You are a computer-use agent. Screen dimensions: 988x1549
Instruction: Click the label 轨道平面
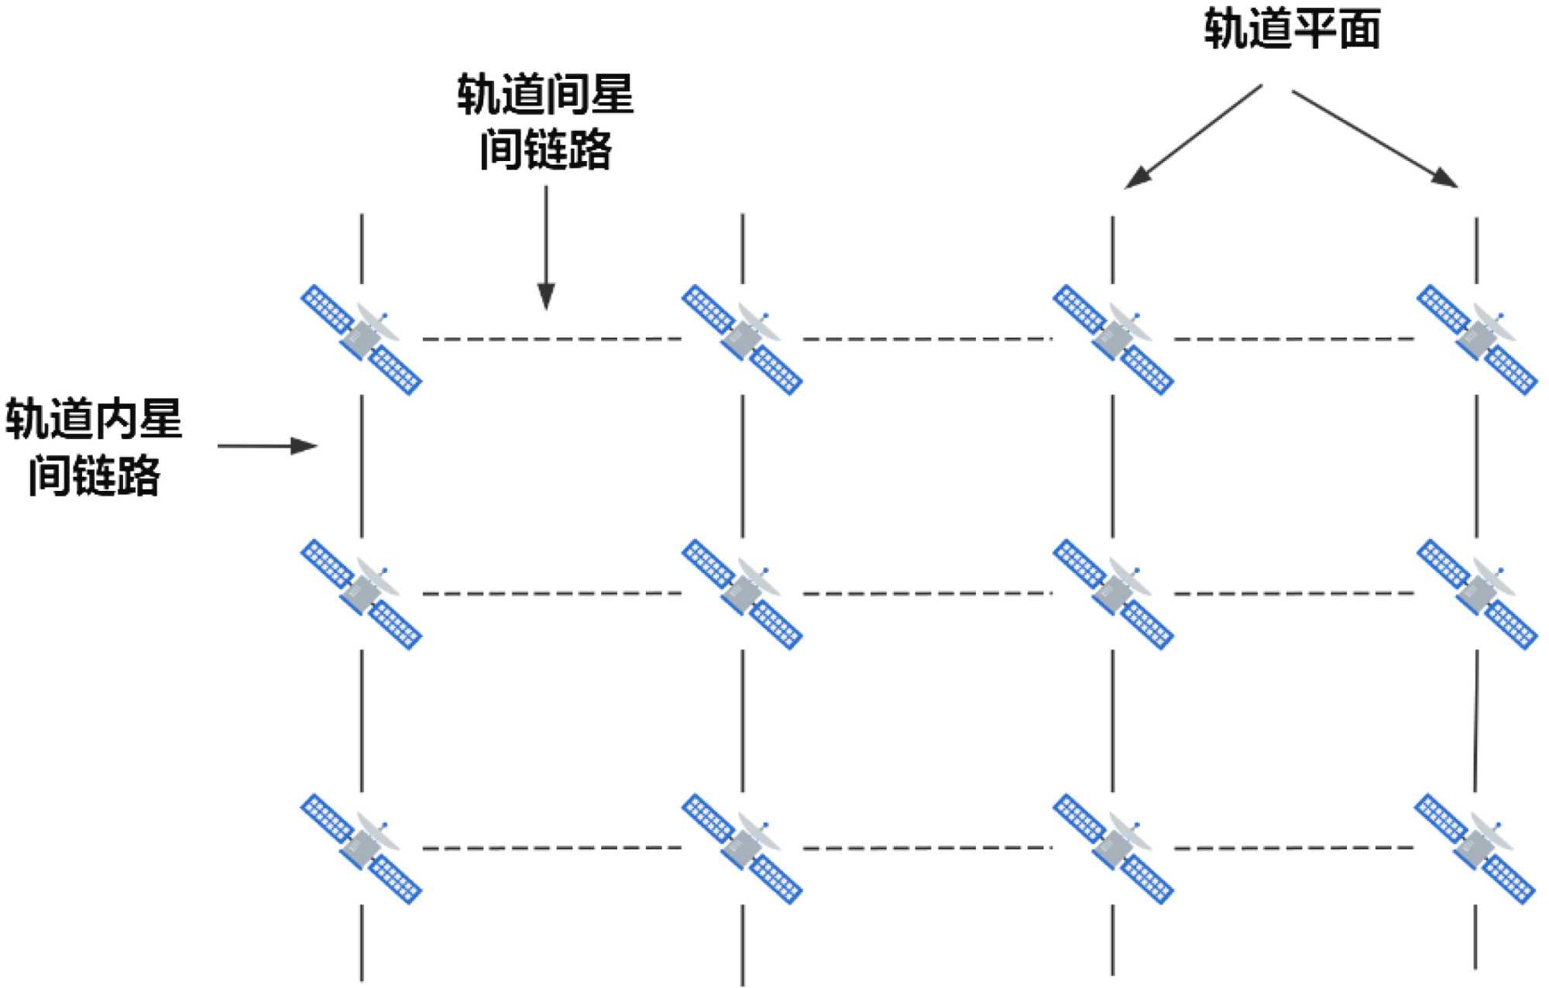click(x=1292, y=29)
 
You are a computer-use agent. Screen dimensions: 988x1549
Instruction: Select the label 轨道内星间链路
click(x=94, y=447)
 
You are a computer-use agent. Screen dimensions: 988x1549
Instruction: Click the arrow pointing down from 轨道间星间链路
click(x=546, y=248)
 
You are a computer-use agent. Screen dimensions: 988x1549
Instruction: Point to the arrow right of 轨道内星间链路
click(x=267, y=446)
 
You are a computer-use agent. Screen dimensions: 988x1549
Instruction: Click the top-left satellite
click(x=361, y=339)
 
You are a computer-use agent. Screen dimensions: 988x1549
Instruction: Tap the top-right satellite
click(x=1476, y=339)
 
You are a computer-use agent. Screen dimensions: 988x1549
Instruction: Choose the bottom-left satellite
click(x=361, y=848)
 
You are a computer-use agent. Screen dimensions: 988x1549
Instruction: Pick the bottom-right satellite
click(x=1475, y=848)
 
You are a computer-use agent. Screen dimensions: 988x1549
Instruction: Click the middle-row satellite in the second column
click(x=742, y=594)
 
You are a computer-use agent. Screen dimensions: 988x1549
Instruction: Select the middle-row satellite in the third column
click(x=1113, y=594)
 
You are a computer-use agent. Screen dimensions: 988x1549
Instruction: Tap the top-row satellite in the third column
click(x=1113, y=339)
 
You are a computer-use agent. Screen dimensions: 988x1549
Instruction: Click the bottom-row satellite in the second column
click(x=742, y=848)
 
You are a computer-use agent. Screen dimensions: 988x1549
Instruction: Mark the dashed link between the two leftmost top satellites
click(x=551, y=339)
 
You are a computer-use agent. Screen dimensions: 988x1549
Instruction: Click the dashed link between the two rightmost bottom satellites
click(x=1293, y=848)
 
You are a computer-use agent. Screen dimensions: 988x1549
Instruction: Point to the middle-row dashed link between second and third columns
click(x=927, y=594)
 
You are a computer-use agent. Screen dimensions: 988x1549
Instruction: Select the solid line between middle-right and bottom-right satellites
click(x=1475, y=720)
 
